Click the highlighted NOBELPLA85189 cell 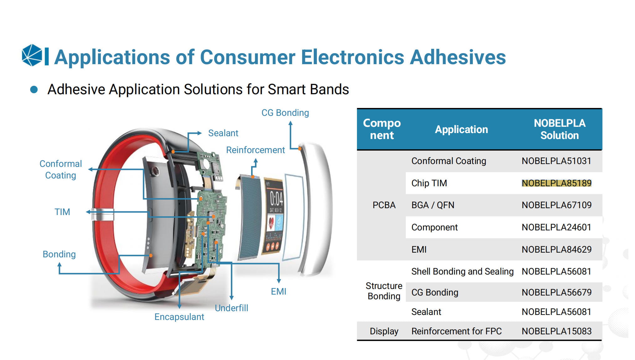click(556, 183)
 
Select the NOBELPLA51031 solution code click(556, 161)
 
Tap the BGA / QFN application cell click(433, 205)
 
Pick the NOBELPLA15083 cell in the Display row click(556, 331)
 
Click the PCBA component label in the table click(384, 205)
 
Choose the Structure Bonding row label click(384, 291)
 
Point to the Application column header click(461, 129)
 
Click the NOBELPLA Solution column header click(560, 129)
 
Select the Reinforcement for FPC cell click(456, 331)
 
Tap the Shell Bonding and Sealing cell click(462, 271)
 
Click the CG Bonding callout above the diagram click(285, 113)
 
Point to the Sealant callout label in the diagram click(223, 133)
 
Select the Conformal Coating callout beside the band click(61, 169)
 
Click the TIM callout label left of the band click(62, 212)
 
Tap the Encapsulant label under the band click(179, 317)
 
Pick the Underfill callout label click(231, 308)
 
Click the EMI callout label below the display click(279, 291)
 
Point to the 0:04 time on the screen click(276, 198)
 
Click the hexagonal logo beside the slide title click(32, 55)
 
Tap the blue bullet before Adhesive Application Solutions click(34, 90)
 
